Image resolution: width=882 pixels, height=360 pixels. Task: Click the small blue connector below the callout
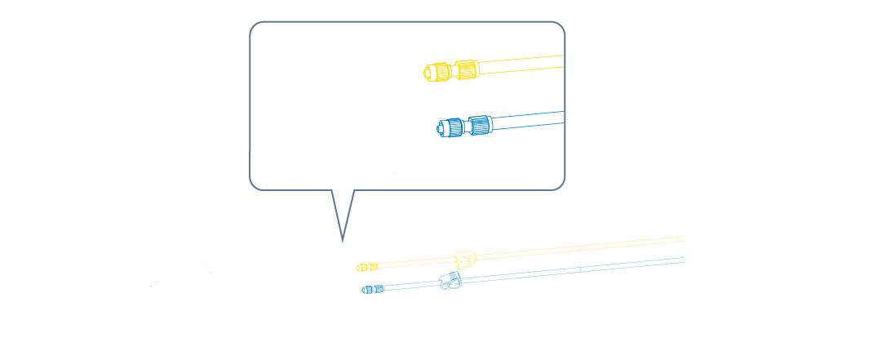pyautogui.click(x=373, y=289)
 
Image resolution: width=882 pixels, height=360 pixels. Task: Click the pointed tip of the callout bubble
pyautogui.click(x=343, y=241)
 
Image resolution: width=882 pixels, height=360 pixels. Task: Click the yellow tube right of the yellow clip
pyautogui.click(x=571, y=249)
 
